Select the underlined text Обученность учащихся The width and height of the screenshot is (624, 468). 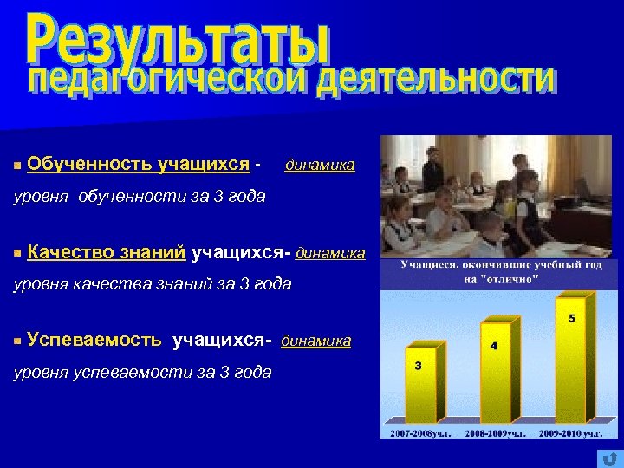(139, 164)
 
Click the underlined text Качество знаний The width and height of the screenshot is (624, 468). (106, 252)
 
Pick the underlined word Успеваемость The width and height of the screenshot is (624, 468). (94, 341)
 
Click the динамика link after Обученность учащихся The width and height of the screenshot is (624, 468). (320, 165)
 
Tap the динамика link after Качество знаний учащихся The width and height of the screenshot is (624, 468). (330, 253)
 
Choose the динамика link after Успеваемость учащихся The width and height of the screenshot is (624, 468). (316, 341)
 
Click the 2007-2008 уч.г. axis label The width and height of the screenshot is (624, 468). (421, 432)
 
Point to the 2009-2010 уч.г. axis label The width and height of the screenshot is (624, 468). (569, 432)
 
